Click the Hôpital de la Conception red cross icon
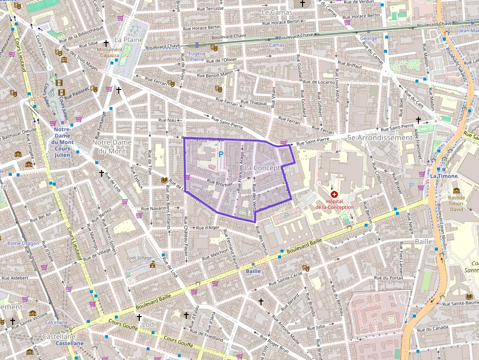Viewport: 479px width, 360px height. [x=334, y=194]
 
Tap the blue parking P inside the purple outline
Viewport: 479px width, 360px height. [x=221, y=154]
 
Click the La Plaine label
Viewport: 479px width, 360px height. [x=129, y=40]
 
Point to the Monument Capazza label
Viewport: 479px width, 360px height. [x=109, y=52]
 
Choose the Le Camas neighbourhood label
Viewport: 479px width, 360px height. [x=277, y=12]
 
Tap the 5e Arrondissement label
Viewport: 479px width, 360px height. [x=380, y=138]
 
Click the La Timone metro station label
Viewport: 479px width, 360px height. [x=444, y=176]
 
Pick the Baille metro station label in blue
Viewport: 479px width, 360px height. [x=253, y=271]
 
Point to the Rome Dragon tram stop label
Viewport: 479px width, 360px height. [x=23, y=243]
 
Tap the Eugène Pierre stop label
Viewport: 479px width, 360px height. [x=197, y=56]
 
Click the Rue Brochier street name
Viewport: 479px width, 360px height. [x=219, y=184]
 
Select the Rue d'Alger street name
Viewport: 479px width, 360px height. [x=208, y=228]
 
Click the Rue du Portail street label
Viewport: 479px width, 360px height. [x=388, y=278]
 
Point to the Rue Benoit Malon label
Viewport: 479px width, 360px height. [x=215, y=74]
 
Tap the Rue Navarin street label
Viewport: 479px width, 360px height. [x=154, y=209]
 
